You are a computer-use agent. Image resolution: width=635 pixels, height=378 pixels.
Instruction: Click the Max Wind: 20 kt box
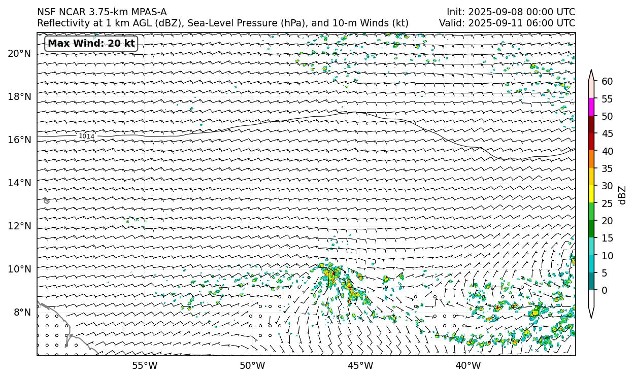point(91,44)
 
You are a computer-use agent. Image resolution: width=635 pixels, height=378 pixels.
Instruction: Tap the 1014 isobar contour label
point(86,136)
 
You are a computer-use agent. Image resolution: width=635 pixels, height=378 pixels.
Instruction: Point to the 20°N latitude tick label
point(20,53)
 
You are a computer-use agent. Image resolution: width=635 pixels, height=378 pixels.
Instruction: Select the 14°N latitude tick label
point(20,183)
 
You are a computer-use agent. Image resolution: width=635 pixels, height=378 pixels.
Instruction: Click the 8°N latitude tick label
point(22,312)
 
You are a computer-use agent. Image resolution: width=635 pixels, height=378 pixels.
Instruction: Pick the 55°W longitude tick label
point(145,365)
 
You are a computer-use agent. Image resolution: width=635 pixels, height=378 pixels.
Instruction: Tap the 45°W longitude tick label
point(360,365)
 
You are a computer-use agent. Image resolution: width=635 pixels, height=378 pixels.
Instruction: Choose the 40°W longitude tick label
point(468,365)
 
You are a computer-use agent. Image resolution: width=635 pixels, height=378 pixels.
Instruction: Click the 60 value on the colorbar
point(607,82)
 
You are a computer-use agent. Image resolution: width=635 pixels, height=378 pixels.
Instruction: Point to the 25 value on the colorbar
point(607,203)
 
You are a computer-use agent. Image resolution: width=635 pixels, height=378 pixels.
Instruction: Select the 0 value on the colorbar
point(604,291)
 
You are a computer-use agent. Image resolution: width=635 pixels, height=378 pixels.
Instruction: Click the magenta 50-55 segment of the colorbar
point(591,107)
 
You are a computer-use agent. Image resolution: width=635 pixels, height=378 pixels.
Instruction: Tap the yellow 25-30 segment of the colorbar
point(591,194)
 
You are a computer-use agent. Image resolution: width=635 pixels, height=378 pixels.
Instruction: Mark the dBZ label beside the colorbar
point(622,195)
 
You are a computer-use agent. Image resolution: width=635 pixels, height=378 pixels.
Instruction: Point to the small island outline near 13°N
point(47,200)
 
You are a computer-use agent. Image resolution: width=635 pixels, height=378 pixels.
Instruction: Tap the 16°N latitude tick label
point(20,140)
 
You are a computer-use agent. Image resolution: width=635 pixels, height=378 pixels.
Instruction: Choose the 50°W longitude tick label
point(252,365)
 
